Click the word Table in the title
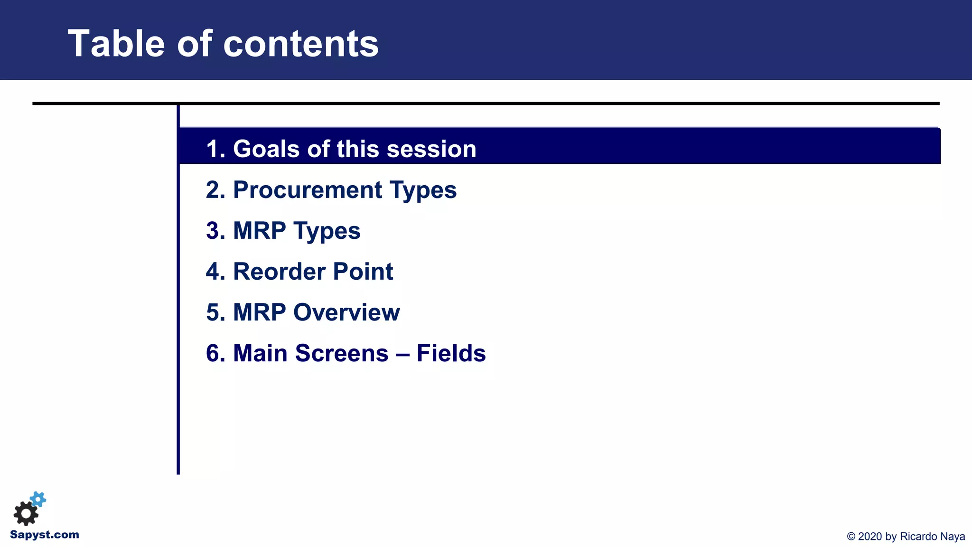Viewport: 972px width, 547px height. click(x=116, y=44)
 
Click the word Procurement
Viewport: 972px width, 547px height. click(x=307, y=190)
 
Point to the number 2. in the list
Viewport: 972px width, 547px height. click(x=215, y=190)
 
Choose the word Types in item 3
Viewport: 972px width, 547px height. click(x=327, y=231)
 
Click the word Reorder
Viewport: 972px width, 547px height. click(x=279, y=272)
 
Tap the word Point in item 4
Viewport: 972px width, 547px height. click(x=363, y=272)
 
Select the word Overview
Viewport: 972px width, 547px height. click(x=346, y=312)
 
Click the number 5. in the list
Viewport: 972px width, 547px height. click(x=215, y=312)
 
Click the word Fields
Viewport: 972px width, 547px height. click(x=451, y=353)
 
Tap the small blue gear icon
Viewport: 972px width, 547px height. click(x=38, y=499)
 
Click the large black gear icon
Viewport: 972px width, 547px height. click(x=26, y=513)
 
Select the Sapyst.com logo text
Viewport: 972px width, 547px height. click(x=45, y=535)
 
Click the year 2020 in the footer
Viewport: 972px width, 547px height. click(x=870, y=537)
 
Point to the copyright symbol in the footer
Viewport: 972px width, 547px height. click(x=851, y=537)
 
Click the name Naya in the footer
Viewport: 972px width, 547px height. click(x=953, y=537)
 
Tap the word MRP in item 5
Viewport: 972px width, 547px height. click(x=259, y=312)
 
